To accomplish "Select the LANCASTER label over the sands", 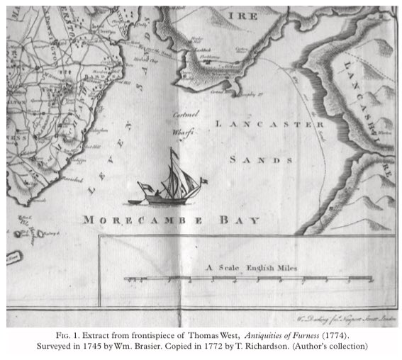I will pos(269,125).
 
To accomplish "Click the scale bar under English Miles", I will pos(248,280).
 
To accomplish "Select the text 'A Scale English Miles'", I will pos(252,267).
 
